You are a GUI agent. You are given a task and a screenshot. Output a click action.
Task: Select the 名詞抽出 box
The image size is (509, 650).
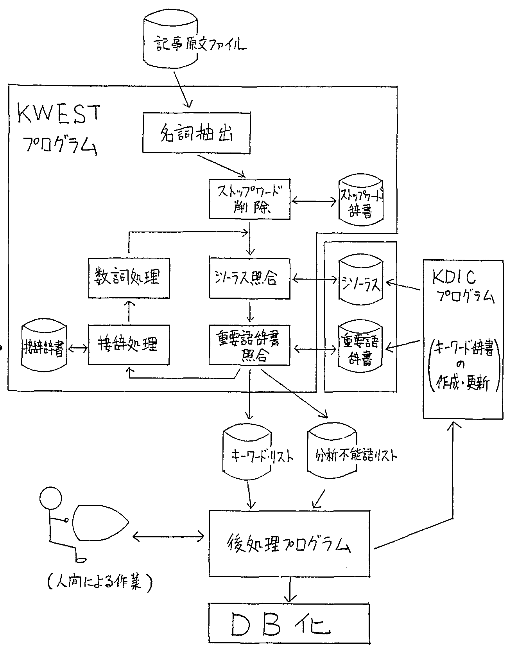pos(196,133)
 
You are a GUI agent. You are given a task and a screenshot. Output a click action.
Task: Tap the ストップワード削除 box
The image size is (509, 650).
pos(250,199)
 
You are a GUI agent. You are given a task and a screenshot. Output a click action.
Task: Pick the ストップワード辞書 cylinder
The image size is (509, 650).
pos(361,202)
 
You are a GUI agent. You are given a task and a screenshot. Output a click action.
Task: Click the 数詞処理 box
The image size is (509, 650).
pos(129,278)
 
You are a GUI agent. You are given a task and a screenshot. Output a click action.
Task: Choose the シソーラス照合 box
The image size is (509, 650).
pos(250,278)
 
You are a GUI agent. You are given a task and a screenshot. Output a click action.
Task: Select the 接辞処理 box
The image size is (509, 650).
pos(129,345)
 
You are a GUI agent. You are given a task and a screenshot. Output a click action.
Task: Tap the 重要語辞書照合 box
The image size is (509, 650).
pos(250,345)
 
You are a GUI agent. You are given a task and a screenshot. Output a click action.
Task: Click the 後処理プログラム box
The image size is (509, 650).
pos(290,544)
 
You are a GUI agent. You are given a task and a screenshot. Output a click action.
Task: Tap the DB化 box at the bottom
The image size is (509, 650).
pos(289,625)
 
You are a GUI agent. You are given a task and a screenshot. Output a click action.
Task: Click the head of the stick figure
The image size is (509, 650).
pos(51,497)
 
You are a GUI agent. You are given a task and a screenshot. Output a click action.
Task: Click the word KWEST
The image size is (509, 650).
pos(59,114)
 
